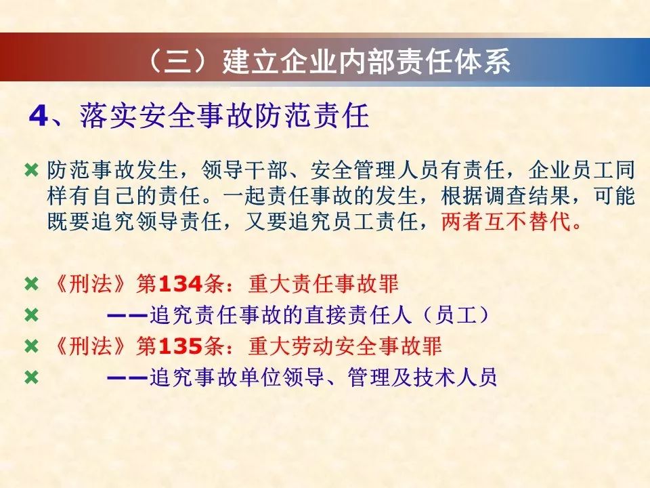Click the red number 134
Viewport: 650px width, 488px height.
[x=180, y=284]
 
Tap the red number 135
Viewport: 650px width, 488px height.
[x=180, y=346]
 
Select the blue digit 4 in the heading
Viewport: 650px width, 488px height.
[x=39, y=116]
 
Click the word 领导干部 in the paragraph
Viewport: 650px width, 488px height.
[x=244, y=169]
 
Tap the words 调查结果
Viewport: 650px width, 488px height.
[x=527, y=195]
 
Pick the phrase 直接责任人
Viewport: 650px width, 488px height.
[x=358, y=315]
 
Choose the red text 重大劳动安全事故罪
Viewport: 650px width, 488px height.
[x=345, y=346]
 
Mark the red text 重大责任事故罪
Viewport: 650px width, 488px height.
[x=323, y=284]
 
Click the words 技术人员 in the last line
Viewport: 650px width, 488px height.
[x=455, y=378]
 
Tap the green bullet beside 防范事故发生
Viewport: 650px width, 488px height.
[x=32, y=170]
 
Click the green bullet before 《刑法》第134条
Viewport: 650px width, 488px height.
[x=32, y=285]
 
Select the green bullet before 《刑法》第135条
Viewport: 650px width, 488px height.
[x=32, y=346]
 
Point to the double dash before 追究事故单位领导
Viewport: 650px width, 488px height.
[x=127, y=378]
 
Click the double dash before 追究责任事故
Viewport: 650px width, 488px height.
[x=127, y=316]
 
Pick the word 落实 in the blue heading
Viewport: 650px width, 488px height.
[x=108, y=116]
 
